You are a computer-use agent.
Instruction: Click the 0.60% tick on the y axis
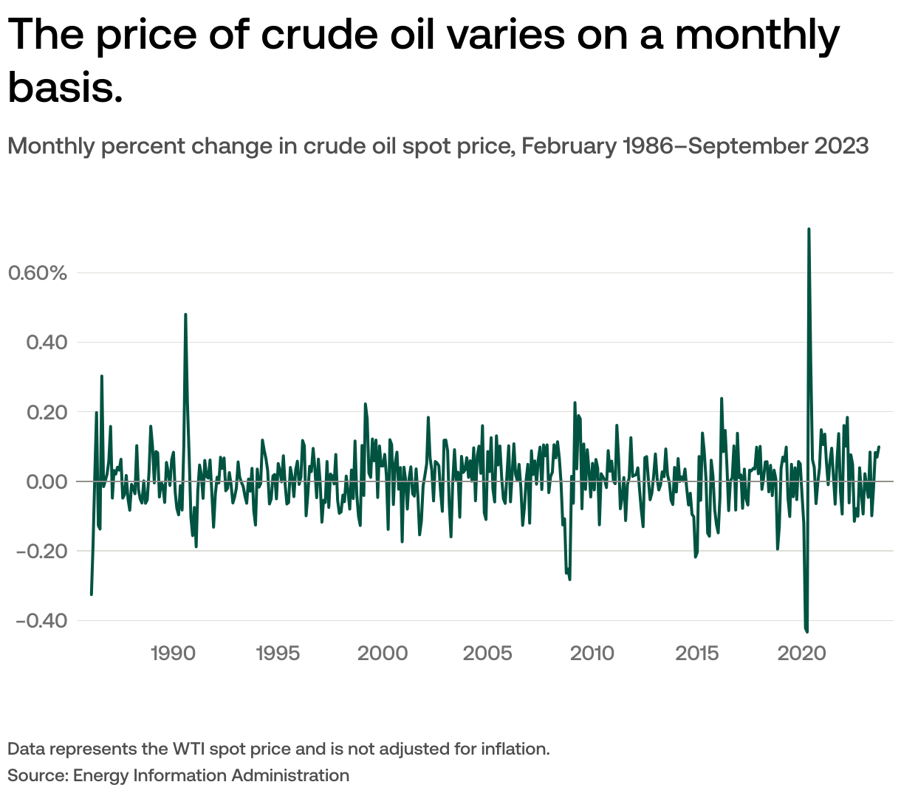tap(37, 273)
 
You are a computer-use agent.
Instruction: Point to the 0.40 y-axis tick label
tap(47, 343)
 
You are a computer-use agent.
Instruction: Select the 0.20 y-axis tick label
tap(47, 412)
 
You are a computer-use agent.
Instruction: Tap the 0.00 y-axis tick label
tap(47, 481)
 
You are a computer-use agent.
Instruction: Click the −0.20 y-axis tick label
tap(41, 551)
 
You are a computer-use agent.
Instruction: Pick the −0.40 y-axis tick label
tap(41, 620)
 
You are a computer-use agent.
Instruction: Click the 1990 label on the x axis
tap(173, 653)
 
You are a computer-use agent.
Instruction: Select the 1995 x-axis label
tap(278, 653)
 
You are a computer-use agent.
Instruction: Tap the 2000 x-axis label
tap(383, 653)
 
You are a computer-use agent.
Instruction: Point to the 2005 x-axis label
tap(487, 653)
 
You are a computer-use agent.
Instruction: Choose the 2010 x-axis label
tap(592, 653)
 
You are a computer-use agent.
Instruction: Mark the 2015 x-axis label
tap(697, 653)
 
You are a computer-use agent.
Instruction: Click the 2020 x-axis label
tap(802, 653)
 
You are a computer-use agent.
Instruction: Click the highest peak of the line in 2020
tap(809, 229)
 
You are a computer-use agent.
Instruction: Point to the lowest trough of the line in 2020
tap(807, 631)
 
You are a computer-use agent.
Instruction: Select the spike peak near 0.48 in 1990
tap(185, 315)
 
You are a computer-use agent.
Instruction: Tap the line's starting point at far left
tap(91, 594)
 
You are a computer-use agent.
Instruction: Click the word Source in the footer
tap(36, 775)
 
